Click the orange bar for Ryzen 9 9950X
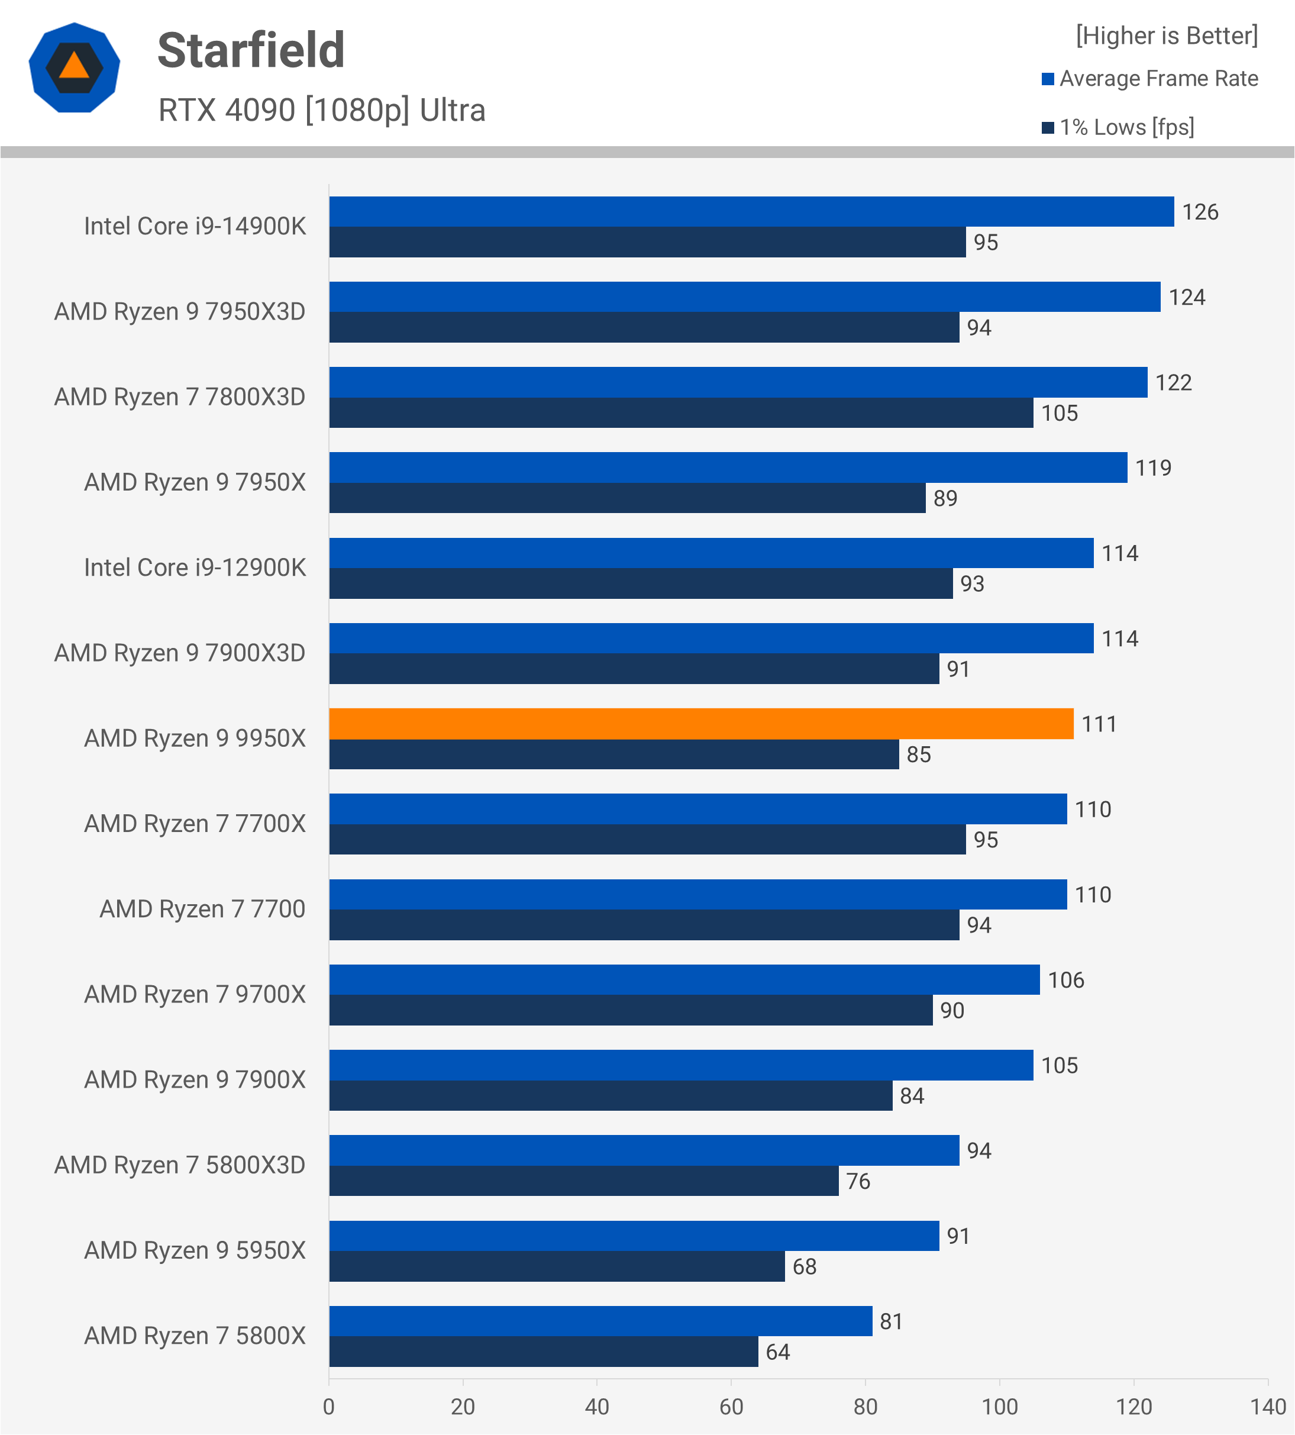701,724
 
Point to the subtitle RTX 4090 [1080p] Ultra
322,110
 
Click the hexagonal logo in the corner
74,67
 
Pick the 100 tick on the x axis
999,1407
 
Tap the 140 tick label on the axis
1268,1407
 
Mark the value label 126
1200,212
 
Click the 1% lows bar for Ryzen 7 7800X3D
681,413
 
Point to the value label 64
778,1352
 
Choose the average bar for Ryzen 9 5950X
634,1236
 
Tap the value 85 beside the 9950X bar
919,754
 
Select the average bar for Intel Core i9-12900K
711,553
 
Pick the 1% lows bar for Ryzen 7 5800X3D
583,1182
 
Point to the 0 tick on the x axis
329,1407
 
